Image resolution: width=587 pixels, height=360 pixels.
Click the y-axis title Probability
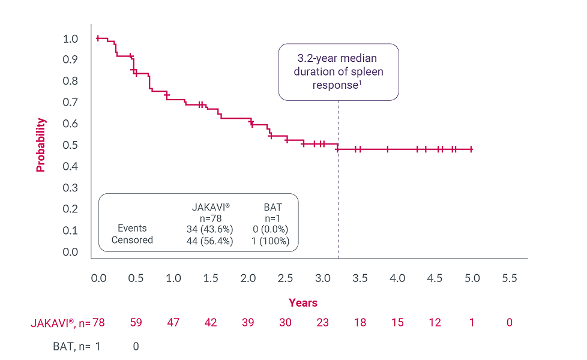(x=41, y=145)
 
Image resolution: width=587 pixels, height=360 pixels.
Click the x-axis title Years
(x=303, y=303)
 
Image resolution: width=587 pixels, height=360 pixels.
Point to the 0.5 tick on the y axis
(x=70, y=145)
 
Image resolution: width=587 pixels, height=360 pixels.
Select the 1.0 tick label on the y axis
(x=70, y=39)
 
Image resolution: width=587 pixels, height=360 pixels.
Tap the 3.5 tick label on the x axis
(x=360, y=278)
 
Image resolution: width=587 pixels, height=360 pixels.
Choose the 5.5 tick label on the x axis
(x=509, y=278)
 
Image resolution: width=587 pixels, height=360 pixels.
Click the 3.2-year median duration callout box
(x=339, y=71)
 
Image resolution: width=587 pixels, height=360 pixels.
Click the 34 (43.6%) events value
(x=209, y=229)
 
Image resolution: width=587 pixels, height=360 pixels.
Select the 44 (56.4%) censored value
(x=209, y=241)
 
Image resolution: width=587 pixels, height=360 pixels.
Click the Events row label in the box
(x=132, y=229)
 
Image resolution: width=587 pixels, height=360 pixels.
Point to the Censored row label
(x=132, y=240)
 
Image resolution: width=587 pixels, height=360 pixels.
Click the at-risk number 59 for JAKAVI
(x=136, y=323)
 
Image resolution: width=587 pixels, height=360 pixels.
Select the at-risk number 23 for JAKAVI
(x=322, y=323)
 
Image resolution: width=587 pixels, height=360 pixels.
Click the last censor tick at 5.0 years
(x=472, y=149)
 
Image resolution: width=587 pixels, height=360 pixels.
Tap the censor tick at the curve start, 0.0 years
(x=98, y=38)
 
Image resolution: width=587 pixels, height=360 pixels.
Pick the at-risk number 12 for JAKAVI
(x=435, y=323)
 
